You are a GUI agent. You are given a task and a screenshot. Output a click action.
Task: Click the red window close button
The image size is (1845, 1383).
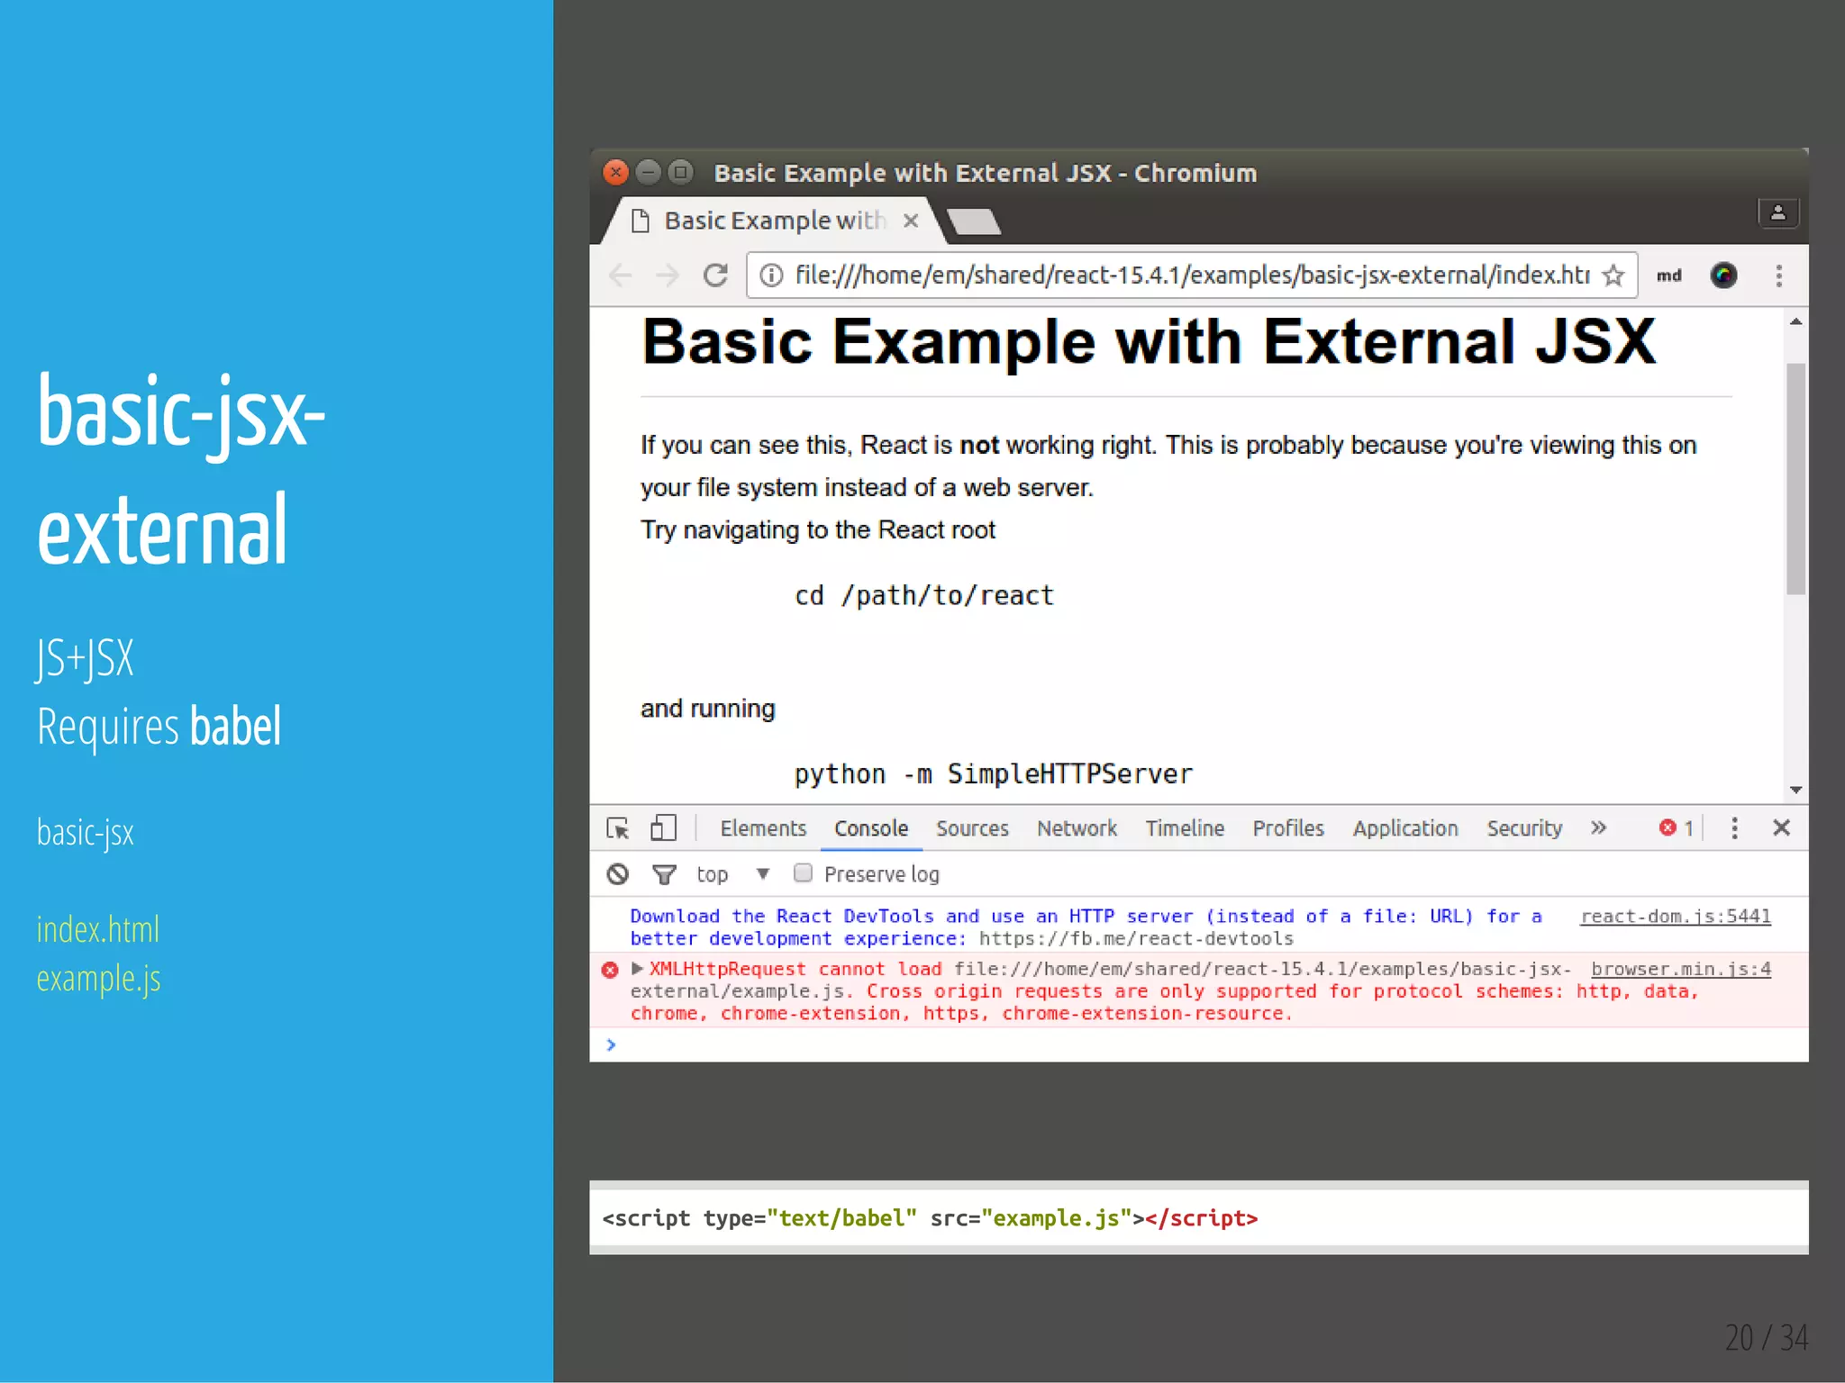click(x=615, y=172)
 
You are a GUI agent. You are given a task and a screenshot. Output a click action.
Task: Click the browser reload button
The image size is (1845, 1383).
click(x=716, y=275)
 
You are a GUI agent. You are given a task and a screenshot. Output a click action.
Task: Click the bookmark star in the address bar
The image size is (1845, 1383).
click(x=1613, y=275)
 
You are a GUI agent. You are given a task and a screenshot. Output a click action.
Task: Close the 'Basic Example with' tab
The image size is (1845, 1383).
click(x=911, y=221)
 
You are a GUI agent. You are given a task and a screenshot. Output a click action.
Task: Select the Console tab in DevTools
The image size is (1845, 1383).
click(x=870, y=828)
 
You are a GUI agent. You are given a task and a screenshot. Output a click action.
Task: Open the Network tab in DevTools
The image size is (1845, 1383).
click(x=1076, y=828)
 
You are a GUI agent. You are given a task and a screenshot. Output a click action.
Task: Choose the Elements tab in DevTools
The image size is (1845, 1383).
click(x=762, y=828)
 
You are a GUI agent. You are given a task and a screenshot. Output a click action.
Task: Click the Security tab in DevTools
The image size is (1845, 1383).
click(x=1523, y=828)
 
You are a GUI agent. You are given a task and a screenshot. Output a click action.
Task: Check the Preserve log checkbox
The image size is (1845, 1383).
click(x=803, y=873)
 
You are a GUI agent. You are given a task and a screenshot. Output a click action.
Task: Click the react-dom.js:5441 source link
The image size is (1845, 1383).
click(x=1676, y=917)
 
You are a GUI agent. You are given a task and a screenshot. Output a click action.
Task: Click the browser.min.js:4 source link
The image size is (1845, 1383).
click(x=1680, y=969)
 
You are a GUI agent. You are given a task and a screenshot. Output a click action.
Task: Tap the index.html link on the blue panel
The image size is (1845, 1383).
click(x=98, y=929)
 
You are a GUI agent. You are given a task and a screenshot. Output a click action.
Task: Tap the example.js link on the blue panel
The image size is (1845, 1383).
click(x=99, y=979)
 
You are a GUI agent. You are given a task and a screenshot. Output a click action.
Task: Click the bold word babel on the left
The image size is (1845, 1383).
click(x=236, y=727)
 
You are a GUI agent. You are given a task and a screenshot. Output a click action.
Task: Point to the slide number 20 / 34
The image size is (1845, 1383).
click(x=1766, y=1337)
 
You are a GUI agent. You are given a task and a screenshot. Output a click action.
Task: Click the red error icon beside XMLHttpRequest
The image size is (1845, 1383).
click(x=610, y=970)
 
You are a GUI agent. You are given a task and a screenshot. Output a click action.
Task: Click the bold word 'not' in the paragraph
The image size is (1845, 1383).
click(x=978, y=445)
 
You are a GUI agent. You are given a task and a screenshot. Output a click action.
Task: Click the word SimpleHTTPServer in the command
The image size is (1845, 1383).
click(x=1069, y=774)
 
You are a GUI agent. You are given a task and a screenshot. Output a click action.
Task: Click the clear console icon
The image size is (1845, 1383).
click(x=617, y=873)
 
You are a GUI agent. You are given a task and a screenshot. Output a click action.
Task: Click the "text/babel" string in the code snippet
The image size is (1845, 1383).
click(x=841, y=1218)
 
